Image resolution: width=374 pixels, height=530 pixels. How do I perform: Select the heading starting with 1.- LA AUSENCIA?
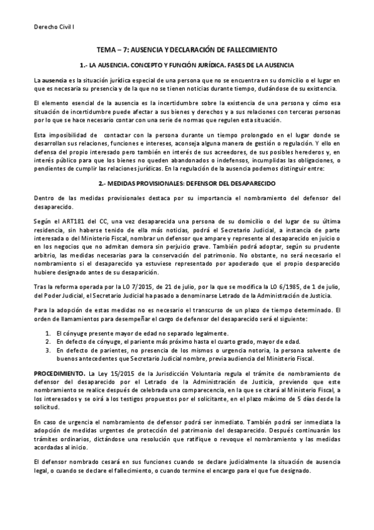click(x=187, y=65)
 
